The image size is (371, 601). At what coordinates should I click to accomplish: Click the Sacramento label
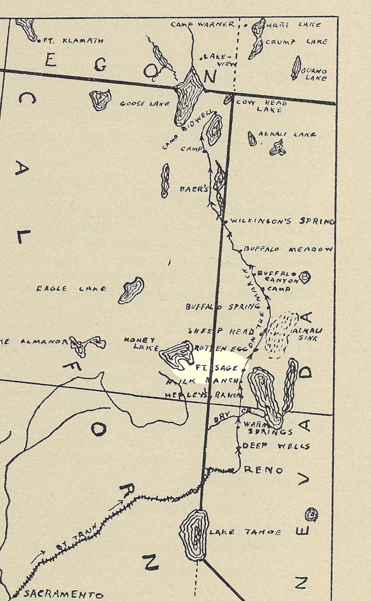(x=63, y=594)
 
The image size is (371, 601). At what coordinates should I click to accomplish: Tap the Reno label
(x=263, y=470)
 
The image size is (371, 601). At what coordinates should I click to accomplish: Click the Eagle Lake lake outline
(x=131, y=290)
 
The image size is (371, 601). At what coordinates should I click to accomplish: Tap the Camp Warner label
(x=202, y=25)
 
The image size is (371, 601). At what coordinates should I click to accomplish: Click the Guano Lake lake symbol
(x=296, y=68)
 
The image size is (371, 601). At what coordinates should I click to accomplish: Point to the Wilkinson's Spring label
(x=282, y=221)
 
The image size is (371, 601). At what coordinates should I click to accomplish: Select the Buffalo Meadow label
(x=288, y=249)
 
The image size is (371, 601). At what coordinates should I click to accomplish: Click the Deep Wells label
(x=276, y=446)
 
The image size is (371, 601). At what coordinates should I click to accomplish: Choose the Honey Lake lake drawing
(x=177, y=355)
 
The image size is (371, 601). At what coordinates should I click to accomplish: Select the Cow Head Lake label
(x=263, y=106)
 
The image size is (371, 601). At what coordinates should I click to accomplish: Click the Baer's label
(x=194, y=189)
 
